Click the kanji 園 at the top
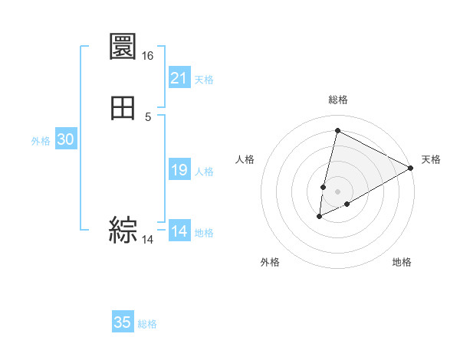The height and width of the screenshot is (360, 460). pos(123,49)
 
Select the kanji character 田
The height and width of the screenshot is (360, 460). pos(123,109)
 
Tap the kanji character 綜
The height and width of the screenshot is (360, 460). pos(123,230)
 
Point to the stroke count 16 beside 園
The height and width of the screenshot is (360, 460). pos(148,56)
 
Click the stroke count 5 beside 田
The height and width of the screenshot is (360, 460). pos(148,116)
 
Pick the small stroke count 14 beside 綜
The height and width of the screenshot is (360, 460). pos(148,240)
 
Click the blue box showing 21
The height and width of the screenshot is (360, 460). pos(179,77)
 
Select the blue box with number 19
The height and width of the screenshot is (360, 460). pos(179,170)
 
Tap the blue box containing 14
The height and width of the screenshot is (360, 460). pos(179,231)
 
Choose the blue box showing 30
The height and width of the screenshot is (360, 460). pos(65,139)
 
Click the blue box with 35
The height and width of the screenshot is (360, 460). pos(123,322)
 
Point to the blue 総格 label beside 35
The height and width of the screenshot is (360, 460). pos(147,324)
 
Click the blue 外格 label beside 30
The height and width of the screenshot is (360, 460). pos(41,141)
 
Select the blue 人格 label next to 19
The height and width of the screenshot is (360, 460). pos(205,172)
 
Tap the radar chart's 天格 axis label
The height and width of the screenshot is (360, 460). pos(431,159)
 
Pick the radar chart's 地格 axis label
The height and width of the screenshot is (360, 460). pos(402,263)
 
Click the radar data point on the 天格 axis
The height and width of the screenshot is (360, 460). pos(411,168)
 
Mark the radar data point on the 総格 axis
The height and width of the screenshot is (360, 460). pos(337,130)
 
